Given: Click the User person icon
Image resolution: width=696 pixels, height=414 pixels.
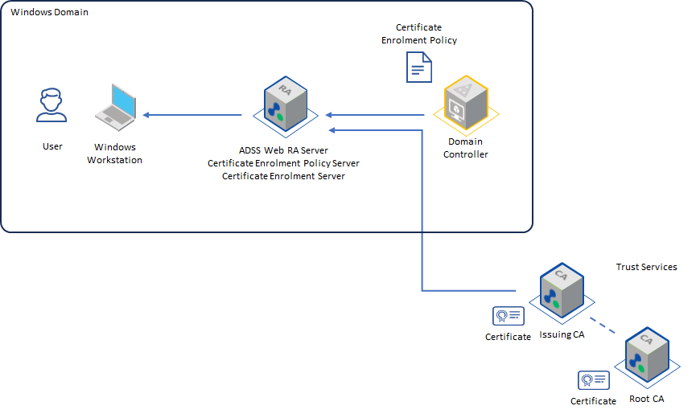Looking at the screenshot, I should click(x=51, y=106).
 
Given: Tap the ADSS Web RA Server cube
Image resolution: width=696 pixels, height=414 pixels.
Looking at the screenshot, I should click(x=285, y=105).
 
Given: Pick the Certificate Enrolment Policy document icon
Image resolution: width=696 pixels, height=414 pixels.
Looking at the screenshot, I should click(x=418, y=67).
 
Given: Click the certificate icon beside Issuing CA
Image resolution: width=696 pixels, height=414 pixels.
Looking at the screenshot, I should click(x=509, y=315).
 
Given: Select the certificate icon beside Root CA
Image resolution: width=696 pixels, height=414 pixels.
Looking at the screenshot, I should click(x=594, y=379).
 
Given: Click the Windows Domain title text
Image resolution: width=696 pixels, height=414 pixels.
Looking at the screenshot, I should click(x=50, y=13).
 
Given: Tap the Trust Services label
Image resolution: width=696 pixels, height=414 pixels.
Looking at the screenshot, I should click(x=646, y=267).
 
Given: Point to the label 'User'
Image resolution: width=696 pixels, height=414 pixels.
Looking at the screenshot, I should click(x=52, y=147).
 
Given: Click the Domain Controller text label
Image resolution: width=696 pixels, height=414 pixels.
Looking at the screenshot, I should click(x=466, y=148).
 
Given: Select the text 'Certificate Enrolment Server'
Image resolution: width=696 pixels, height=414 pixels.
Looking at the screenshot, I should click(x=283, y=176).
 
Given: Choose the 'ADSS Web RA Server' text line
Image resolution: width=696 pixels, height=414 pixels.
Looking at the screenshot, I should click(x=283, y=150).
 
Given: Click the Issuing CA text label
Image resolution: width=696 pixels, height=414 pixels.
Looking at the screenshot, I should click(x=562, y=335).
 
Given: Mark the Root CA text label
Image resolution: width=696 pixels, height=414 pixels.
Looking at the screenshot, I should click(x=646, y=399).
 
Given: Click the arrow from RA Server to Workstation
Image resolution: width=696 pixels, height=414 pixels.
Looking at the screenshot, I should click(x=193, y=115).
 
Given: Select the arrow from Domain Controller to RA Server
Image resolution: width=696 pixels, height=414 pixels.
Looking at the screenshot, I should click(x=375, y=115).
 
